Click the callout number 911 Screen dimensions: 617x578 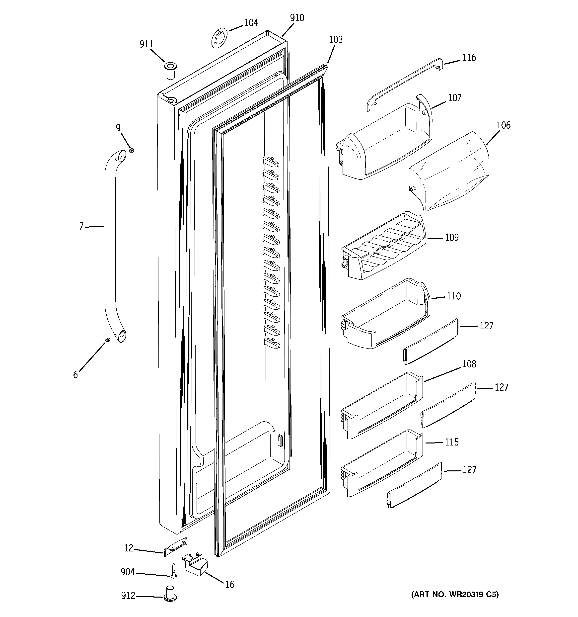(146, 44)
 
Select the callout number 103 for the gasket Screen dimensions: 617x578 (336, 40)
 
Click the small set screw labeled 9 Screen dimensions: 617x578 (132, 151)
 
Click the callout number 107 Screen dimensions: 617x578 (454, 98)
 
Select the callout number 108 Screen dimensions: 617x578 (469, 364)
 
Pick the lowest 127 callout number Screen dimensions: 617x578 (469, 470)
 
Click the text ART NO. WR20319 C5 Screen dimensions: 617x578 (455, 595)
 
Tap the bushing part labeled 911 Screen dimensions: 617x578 (170, 70)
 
